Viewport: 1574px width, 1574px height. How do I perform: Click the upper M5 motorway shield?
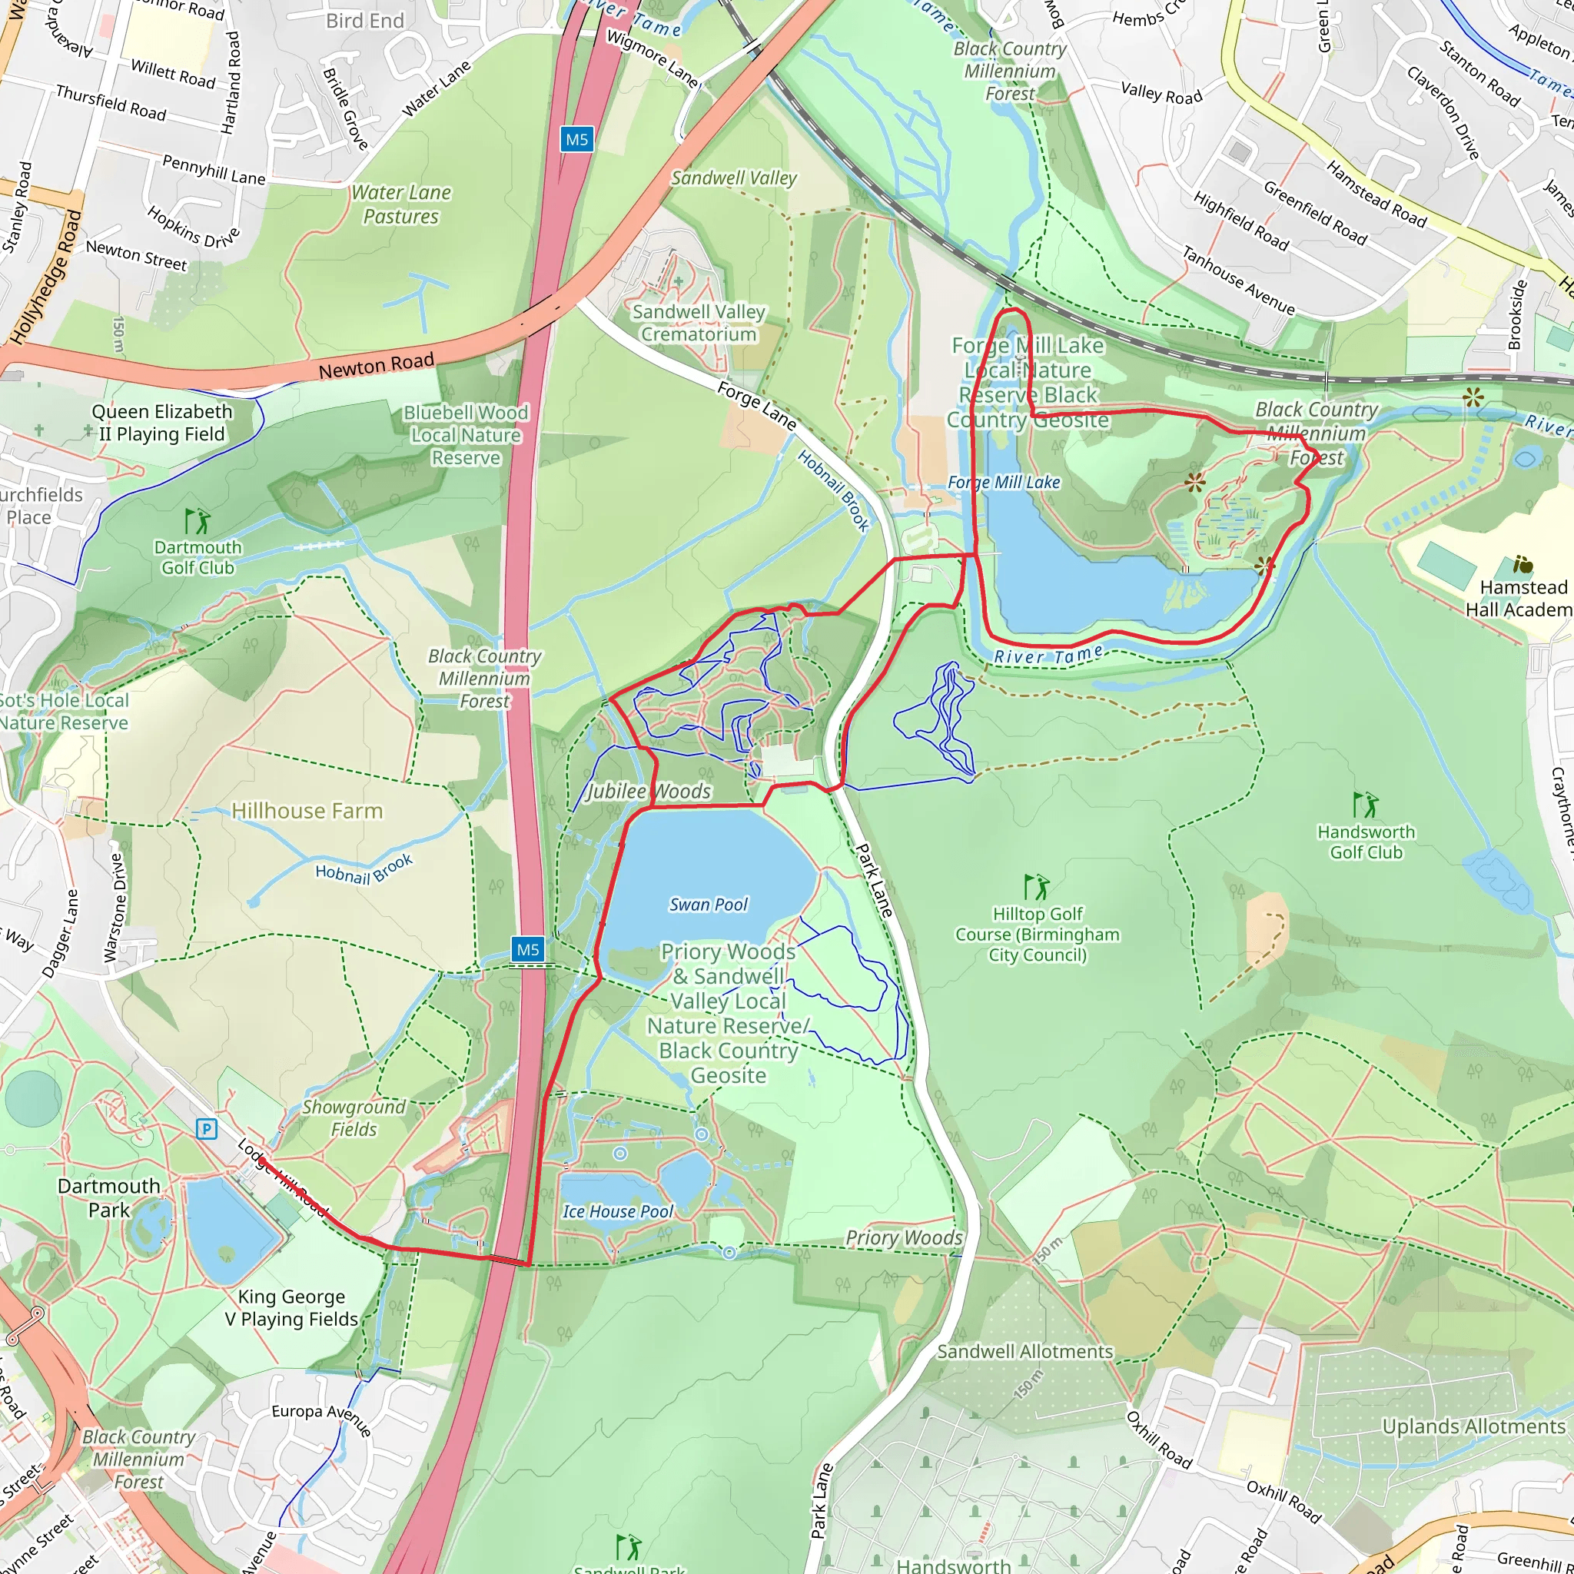577,139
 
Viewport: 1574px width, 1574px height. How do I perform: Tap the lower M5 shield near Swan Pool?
528,949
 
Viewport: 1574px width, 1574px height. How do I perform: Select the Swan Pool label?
708,905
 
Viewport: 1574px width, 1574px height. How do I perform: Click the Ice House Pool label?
618,1211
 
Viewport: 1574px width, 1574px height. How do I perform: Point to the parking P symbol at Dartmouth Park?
207,1129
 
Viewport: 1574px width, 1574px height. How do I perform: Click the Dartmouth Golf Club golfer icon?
198,520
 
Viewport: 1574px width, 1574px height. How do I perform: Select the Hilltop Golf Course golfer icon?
1036,886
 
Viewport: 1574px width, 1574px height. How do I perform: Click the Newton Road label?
376,366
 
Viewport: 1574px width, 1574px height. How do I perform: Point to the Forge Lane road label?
756,406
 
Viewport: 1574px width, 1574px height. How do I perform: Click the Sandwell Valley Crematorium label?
699,323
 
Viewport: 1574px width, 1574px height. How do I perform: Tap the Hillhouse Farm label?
307,811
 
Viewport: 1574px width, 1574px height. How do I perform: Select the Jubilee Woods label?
649,791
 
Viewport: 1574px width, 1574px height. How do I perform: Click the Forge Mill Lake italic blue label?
1004,483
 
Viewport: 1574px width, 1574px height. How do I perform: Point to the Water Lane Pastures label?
401,204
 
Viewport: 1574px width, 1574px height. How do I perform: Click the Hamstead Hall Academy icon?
1523,564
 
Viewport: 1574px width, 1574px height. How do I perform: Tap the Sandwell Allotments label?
1025,1352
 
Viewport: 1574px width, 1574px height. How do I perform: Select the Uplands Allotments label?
1474,1426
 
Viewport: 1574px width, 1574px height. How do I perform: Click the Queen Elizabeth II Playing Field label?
161,423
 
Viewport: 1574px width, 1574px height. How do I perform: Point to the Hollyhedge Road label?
46,277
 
